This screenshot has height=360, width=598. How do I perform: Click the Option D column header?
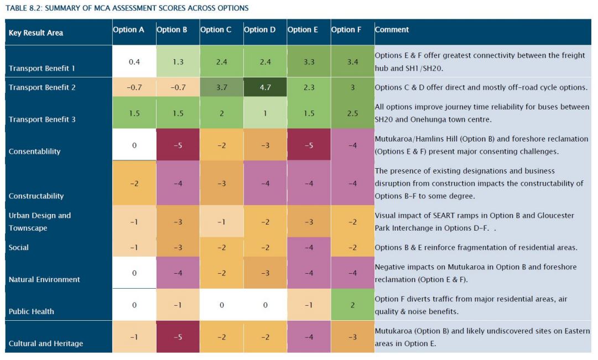click(x=259, y=30)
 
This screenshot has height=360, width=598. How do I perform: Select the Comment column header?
click(x=392, y=30)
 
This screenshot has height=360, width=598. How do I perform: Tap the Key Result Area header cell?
click(x=36, y=33)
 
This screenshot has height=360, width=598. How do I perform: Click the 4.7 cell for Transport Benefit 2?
click(x=265, y=87)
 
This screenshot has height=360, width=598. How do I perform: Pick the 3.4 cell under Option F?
click(x=352, y=61)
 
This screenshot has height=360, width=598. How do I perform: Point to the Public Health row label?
click(x=32, y=311)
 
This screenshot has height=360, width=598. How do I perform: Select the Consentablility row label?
click(x=35, y=151)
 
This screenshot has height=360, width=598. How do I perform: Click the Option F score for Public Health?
click(x=352, y=305)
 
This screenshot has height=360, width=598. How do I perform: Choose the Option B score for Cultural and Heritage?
click(x=178, y=337)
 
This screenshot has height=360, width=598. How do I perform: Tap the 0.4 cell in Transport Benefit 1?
click(x=134, y=61)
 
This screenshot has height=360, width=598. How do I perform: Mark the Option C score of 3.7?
click(x=221, y=87)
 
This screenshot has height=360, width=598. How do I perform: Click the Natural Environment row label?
click(x=44, y=279)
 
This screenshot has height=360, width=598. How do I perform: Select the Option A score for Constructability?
click(x=134, y=184)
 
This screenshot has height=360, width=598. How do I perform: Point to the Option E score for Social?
click(x=309, y=247)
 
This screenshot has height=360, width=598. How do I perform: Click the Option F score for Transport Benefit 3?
click(x=352, y=113)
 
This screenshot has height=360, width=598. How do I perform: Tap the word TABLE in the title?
click(x=18, y=8)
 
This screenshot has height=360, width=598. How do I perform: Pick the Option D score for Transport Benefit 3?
click(x=265, y=113)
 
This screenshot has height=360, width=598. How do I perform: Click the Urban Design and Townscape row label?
click(x=40, y=222)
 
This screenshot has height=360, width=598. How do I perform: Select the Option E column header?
click(x=303, y=30)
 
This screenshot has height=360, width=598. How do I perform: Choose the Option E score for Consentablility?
click(x=309, y=145)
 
